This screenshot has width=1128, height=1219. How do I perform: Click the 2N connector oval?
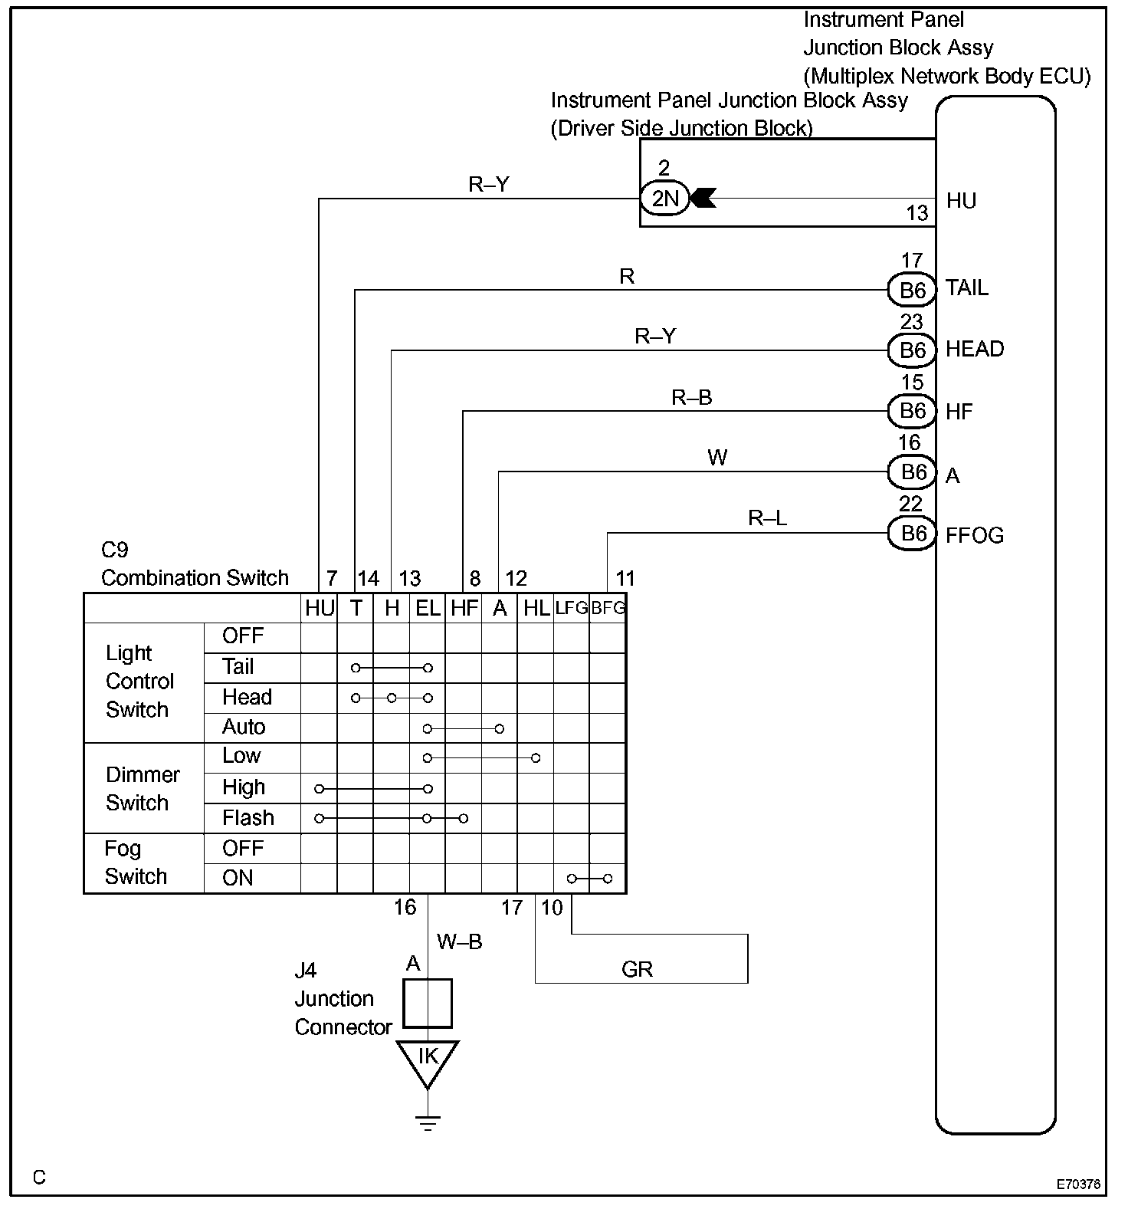pyautogui.click(x=664, y=199)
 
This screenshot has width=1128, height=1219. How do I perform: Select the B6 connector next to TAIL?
pyautogui.click(x=912, y=291)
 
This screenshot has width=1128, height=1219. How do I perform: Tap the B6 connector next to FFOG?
pyautogui.click(x=912, y=534)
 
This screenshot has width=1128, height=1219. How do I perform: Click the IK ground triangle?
pyautogui.click(x=427, y=1060)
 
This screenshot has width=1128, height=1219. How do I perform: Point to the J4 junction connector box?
pyautogui.click(x=428, y=1003)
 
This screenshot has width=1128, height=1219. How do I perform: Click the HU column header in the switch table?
pyautogui.click(x=320, y=608)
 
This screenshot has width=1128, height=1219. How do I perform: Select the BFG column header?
pyautogui.click(x=608, y=608)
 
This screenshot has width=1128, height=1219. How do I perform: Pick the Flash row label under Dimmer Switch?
pyautogui.click(x=248, y=818)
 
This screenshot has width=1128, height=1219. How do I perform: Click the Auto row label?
pyautogui.click(x=244, y=727)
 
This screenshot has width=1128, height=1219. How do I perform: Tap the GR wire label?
pyautogui.click(x=637, y=970)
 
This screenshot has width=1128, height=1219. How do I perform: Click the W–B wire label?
pyautogui.click(x=460, y=941)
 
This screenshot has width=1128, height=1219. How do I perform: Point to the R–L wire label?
pyautogui.click(x=767, y=519)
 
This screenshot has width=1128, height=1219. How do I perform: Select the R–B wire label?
pyautogui.click(x=691, y=397)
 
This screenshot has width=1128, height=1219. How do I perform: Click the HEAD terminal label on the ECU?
pyautogui.click(x=974, y=350)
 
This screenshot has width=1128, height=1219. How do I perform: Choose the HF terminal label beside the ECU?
pyautogui.click(x=959, y=412)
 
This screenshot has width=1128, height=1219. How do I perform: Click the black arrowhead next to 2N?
pyautogui.click(x=703, y=199)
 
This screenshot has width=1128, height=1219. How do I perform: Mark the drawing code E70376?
pyautogui.click(x=1078, y=1184)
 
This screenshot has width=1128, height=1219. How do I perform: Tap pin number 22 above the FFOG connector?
pyautogui.click(x=910, y=504)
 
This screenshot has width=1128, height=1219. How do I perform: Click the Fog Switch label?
pyautogui.click(x=136, y=863)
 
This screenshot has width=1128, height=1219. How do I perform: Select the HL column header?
pyautogui.click(x=536, y=608)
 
